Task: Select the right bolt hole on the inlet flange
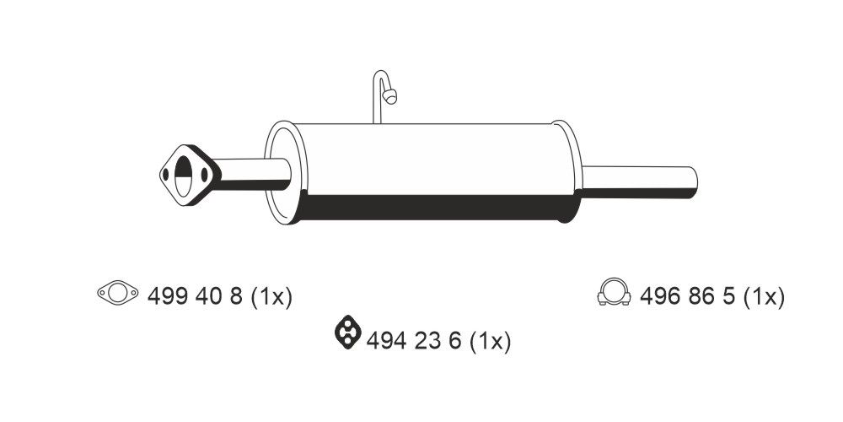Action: tap(204, 176)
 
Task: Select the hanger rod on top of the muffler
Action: tap(377, 97)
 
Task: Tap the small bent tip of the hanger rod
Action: tap(390, 96)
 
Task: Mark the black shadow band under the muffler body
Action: tap(430, 208)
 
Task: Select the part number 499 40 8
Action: tap(195, 296)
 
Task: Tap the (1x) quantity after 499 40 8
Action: tap(271, 296)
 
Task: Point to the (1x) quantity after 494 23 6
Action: tap(490, 341)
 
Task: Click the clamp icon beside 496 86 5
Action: tap(614, 291)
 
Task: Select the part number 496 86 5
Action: tap(688, 296)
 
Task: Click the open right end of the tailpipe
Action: tap(693, 181)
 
